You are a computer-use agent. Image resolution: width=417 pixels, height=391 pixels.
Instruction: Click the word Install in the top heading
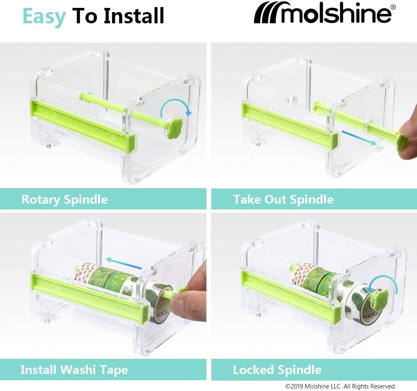(x=134, y=16)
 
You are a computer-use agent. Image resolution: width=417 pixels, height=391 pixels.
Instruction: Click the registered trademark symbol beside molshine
(x=393, y=7)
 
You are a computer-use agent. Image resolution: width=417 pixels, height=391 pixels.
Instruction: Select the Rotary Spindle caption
(x=65, y=199)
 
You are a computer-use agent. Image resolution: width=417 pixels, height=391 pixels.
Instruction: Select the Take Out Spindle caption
(x=284, y=199)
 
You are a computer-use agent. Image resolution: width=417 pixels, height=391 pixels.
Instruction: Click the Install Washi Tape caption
(x=74, y=370)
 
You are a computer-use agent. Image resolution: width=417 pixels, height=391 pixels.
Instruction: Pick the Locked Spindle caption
(x=277, y=369)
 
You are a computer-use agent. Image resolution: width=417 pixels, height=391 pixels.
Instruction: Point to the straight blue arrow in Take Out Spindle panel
(x=359, y=138)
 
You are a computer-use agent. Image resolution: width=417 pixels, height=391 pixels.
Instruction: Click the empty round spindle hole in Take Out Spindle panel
(x=290, y=99)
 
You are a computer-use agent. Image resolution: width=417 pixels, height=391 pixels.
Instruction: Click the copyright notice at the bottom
(x=341, y=386)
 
